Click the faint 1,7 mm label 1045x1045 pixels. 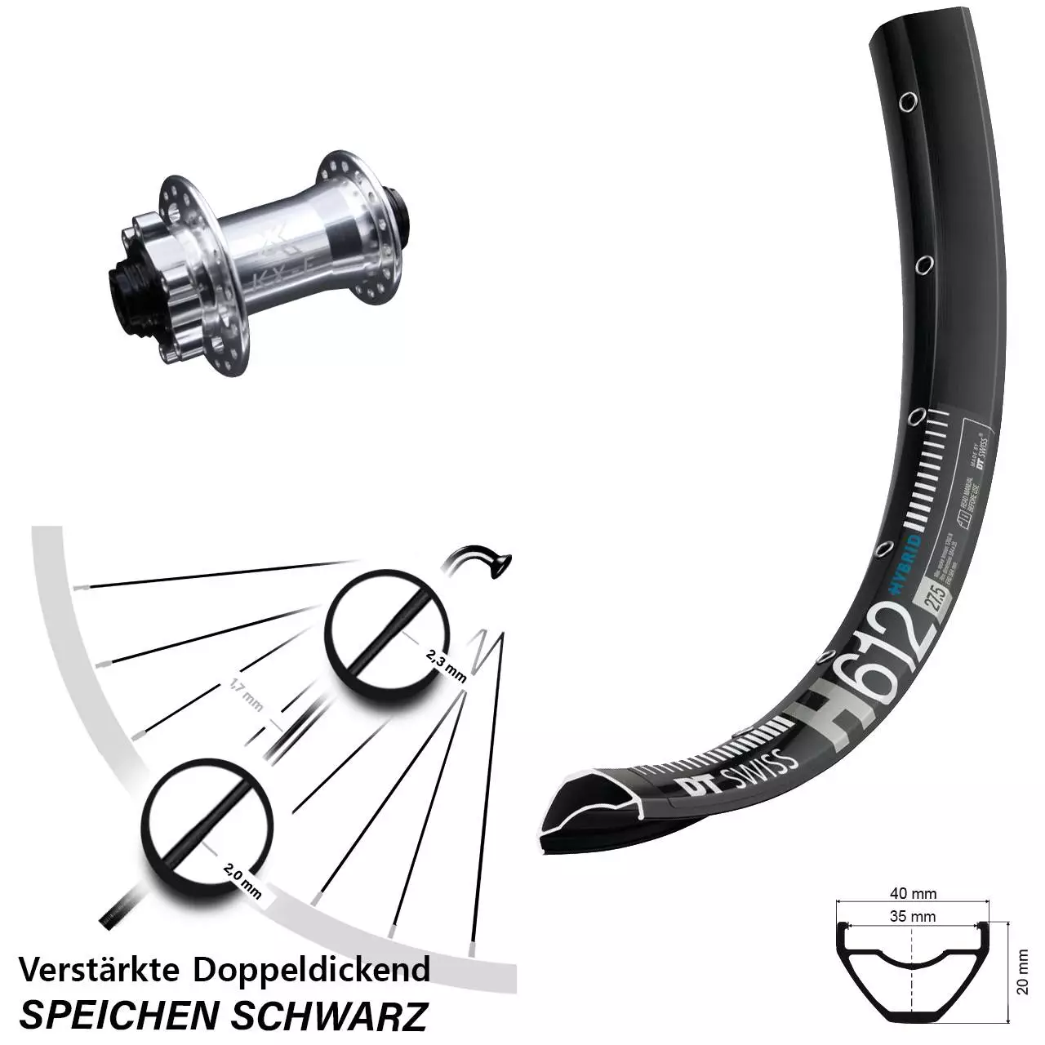pos(246,695)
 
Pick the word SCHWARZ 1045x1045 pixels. pos(330,1014)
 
